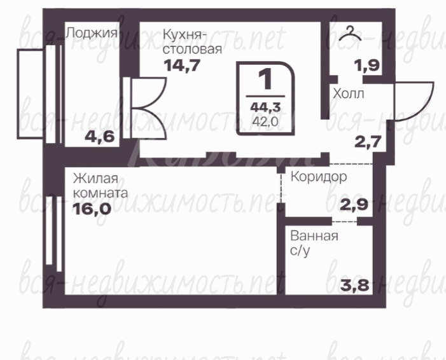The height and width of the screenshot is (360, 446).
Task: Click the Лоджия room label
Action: pos(92,33)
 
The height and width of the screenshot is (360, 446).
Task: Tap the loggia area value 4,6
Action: pos(100,137)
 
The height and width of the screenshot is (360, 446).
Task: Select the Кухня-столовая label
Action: pos(192,42)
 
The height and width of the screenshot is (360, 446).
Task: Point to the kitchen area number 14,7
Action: pos(182,65)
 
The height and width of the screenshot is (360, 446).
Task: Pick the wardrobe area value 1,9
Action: pos(367,65)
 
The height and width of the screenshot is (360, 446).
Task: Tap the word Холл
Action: pos(349,93)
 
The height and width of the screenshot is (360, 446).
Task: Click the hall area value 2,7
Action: pos(368,142)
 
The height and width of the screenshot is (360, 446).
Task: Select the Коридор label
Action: pos(319,177)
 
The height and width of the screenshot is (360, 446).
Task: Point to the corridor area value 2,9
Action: pos(354,204)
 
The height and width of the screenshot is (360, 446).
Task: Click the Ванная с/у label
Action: pos(314,244)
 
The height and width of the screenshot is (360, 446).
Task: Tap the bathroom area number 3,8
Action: pos(354,285)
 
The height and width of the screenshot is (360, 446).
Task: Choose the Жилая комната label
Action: pos(101,186)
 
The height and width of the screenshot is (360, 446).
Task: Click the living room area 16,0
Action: pos(92,209)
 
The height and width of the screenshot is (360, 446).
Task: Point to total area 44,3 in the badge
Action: pos(265,107)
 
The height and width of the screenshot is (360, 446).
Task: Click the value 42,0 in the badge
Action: pos(265,121)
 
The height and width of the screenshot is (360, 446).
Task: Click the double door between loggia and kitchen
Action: pos(145,108)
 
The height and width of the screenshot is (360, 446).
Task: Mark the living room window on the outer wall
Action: pos(54,233)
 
